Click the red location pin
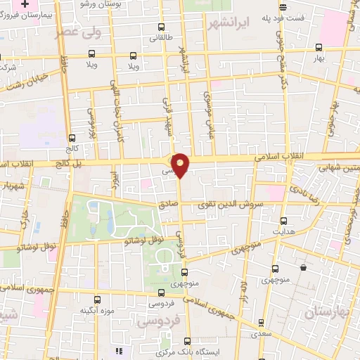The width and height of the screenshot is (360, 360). coord(181,165)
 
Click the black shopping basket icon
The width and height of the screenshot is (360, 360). coord(303,268)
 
